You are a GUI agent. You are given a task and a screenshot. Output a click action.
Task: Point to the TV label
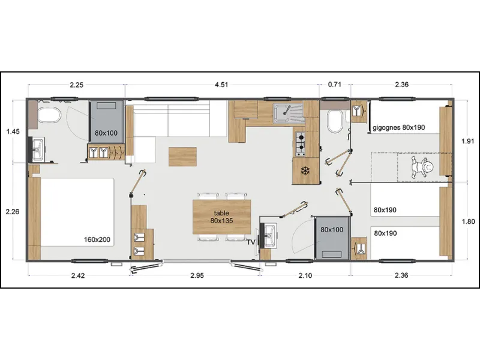[251, 242]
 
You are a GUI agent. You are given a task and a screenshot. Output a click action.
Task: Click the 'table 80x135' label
[221, 217]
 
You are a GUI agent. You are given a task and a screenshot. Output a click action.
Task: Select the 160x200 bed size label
[97, 239]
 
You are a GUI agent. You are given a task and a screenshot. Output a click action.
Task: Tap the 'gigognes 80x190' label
[398, 128]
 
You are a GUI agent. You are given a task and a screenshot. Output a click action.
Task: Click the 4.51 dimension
[221, 85]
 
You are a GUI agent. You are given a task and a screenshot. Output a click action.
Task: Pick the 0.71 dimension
[334, 85]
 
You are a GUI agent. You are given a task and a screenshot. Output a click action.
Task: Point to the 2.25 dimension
[76, 85]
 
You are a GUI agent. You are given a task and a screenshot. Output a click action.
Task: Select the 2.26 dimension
[12, 211]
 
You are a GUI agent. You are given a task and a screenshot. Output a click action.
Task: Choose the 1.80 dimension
[468, 221]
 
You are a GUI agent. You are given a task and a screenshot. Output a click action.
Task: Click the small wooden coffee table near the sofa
[182, 157]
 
